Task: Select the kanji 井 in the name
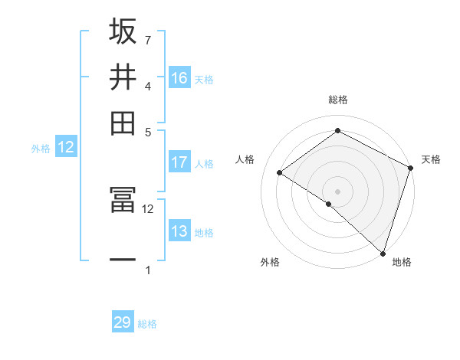coord(123,77)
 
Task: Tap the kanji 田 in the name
coord(123,123)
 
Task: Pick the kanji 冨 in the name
coord(123,201)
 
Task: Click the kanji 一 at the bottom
coord(123,260)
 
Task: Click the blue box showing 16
coord(179,77)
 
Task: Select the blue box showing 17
coord(179,162)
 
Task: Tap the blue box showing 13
coord(179,231)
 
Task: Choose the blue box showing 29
coord(123,322)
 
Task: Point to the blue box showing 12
coord(66,148)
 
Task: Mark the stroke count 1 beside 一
coord(148,270)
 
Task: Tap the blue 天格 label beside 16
coord(204,79)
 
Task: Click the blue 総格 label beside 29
coord(147,324)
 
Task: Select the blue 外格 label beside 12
coord(41,149)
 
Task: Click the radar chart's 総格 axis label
coord(337,100)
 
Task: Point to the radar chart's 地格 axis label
coord(402,263)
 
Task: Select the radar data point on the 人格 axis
coord(280,172)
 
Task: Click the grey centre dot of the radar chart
coord(337,191)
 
